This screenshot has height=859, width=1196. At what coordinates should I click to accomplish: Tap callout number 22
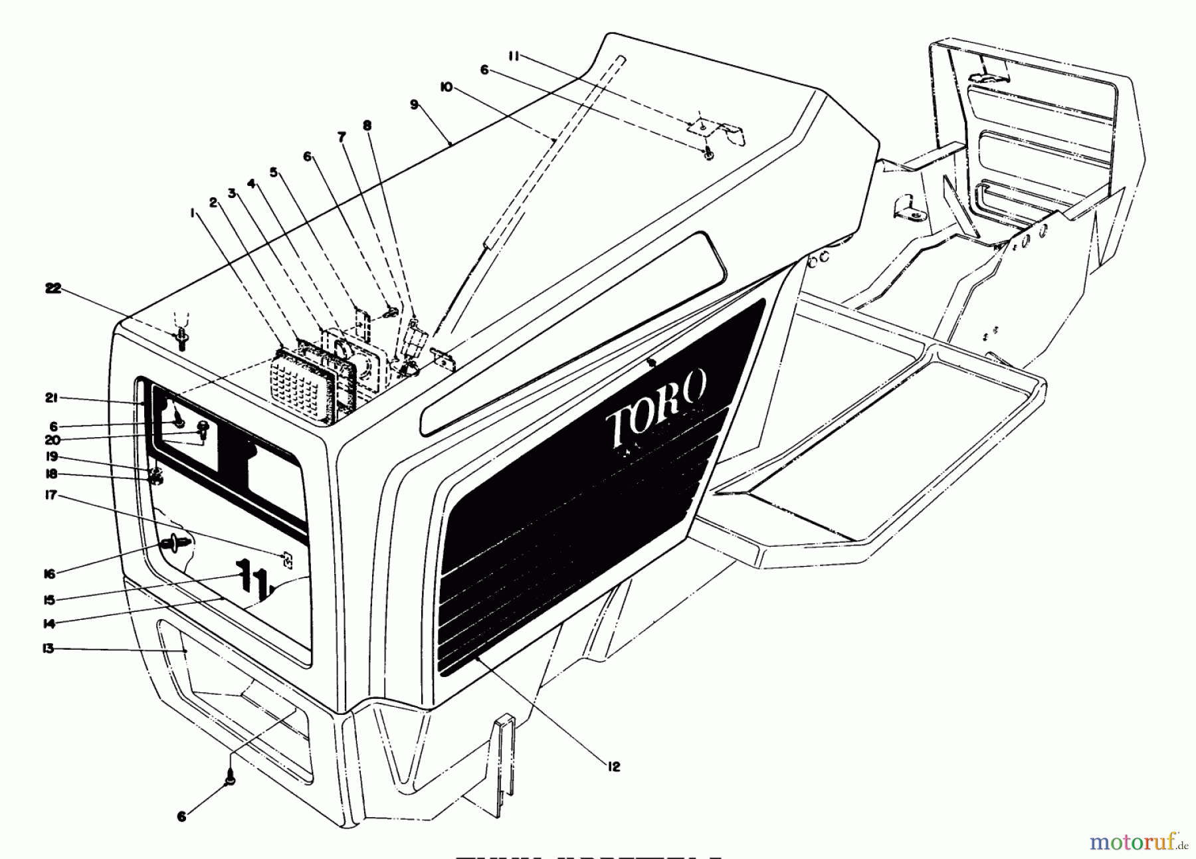point(53,288)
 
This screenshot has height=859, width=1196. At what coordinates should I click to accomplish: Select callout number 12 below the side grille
point(613,767)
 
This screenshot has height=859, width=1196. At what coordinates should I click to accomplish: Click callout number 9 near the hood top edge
point(414,104)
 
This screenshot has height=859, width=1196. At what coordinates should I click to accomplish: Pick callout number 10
point(446,87)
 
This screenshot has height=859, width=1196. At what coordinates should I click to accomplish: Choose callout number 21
point(52,398)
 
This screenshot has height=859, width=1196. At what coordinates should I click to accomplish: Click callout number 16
point(49,573)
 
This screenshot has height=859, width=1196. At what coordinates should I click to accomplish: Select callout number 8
point(367,126)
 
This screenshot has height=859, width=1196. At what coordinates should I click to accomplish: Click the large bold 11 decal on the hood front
point(251,577)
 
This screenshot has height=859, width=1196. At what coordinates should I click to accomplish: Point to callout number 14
point(49,623)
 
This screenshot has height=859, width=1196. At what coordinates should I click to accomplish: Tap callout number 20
point(52,440)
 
